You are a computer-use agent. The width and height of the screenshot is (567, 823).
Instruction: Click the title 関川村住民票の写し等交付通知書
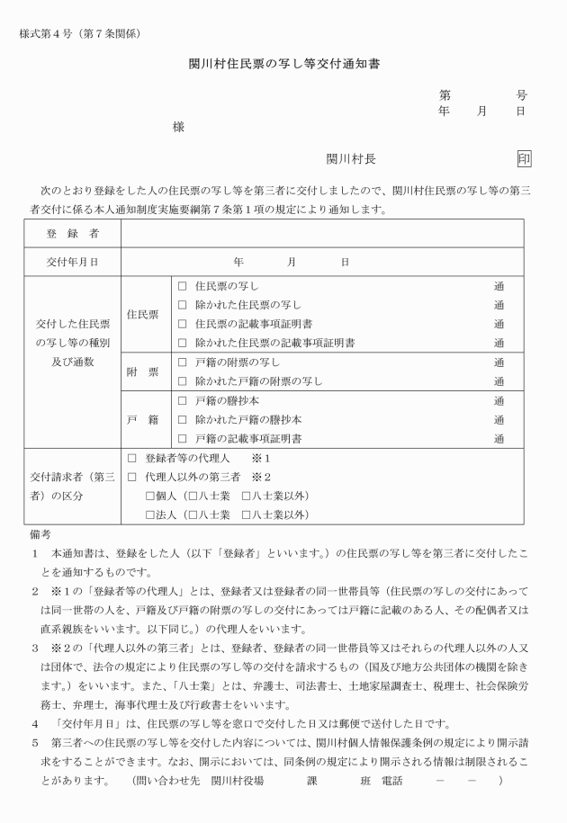click(x=283, y=66)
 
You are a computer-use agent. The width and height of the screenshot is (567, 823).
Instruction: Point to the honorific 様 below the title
click(x=178, y=127)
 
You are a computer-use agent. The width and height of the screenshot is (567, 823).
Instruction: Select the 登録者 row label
click(x=72, y=234)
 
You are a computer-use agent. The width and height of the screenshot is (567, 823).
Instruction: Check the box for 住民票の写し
click(x=183, y=286)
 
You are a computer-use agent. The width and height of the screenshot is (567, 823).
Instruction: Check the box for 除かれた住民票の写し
click(x=183, y=305)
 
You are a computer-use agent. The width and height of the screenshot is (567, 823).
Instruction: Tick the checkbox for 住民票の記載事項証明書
click(x=183, y=324)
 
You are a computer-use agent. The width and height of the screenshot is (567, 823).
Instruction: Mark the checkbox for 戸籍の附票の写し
click(x=183, y=362)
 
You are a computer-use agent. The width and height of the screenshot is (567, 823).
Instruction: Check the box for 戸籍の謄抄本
click(x=183, y=400)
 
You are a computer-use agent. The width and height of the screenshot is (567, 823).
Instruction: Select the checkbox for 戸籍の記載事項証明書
click(x=183, y=438)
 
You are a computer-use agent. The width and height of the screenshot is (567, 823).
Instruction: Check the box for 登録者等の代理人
click(x=132, y=458)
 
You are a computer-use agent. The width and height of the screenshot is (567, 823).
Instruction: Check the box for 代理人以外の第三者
click(x=132, y=477)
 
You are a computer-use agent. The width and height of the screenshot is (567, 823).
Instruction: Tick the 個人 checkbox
click(x=150, y=496)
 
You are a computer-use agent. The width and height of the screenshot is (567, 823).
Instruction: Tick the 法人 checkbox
click(x=150, y=514)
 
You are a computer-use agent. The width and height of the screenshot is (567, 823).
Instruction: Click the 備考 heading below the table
click(x=40, y=534)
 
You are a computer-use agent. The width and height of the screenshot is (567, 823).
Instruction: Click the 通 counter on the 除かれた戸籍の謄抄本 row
click(x=499, y=419)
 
